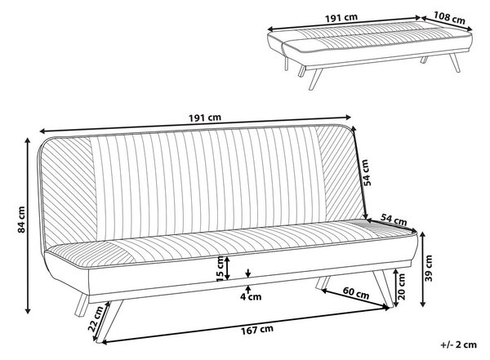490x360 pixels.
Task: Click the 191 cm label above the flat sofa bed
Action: click(x=341, y=18)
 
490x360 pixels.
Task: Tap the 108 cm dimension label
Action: click(x=449, y=18)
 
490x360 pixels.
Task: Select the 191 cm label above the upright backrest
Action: click(x=205, y=118)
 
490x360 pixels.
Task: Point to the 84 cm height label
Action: click(x=21, y=220)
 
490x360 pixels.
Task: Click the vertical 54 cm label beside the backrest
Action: click(x=367, y=172)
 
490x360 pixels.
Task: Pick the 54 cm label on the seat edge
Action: click(x=394, y=220)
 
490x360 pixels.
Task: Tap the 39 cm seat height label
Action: click(x=429, y=268)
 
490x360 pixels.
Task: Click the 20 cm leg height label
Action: click(x=402, y=287)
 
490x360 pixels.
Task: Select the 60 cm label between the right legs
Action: click(x=356, y=293)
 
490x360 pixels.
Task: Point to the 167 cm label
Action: click(x=257, y=330)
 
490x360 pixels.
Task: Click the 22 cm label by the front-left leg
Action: click(x=96, y=318)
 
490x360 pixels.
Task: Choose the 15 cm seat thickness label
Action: click(x=220, y=269)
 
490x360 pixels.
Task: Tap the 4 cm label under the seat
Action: click(x=251, y=296)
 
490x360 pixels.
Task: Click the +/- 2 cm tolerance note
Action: click(x=459, y=344)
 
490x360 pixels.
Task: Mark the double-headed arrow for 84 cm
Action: click(x=28, y=225)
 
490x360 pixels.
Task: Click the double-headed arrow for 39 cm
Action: click(x=422, y=269)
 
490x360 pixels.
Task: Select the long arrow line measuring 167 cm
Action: click(x=246, y=326)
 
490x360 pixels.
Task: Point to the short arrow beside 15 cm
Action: click(x=228, y=268)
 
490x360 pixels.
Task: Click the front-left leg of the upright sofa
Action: click(x=109, y=322)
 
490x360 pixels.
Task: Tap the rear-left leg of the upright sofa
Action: click(x=82, y=305)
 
